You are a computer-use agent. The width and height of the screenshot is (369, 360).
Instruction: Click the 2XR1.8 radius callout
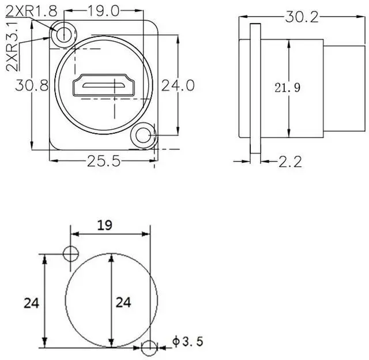(x=31, y=11)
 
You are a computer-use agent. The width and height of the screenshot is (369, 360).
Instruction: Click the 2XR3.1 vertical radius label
(x=12, y=46)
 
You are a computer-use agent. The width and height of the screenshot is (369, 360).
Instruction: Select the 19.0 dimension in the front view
(x=104, y=11)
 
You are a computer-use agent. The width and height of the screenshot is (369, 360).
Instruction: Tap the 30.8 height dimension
(x=32, y=85)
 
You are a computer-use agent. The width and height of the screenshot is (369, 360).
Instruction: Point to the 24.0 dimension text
(x=178, y=85)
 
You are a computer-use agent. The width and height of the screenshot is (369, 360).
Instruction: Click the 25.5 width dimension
(x=104, y=161)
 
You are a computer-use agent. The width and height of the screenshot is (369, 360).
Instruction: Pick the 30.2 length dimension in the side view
(x=302, y=17)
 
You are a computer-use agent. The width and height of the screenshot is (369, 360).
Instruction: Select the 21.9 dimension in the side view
(x=288, y=88)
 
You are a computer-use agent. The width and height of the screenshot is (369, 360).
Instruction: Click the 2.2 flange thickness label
(x=290, y=162)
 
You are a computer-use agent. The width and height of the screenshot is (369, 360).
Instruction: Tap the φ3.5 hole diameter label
(x=187, y=342)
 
